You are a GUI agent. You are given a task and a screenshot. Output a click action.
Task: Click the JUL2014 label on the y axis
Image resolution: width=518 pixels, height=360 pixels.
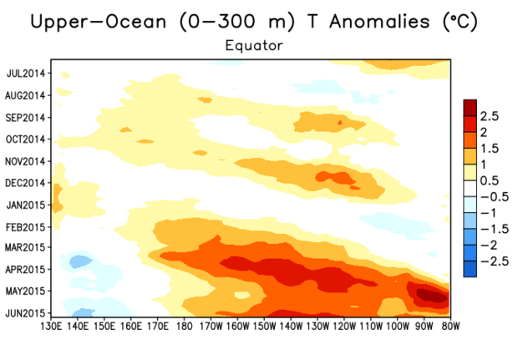(25, 73)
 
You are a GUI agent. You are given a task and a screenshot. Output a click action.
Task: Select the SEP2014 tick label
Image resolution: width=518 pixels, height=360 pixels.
(25, 117)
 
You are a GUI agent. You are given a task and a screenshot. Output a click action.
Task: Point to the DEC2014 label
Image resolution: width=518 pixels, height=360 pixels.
(25, 182)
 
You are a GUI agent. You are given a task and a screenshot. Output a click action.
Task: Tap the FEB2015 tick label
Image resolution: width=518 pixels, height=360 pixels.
(25, 226)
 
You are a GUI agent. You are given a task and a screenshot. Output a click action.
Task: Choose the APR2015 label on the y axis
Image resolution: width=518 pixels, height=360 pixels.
(25, 270)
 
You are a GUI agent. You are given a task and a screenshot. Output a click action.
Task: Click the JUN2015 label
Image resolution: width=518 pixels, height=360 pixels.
(25, 313)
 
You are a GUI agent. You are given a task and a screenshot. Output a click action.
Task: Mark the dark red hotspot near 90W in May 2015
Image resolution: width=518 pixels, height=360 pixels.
(429, 294)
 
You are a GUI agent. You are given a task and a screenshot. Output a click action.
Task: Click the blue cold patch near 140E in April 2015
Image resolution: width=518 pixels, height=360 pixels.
(80, 261)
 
